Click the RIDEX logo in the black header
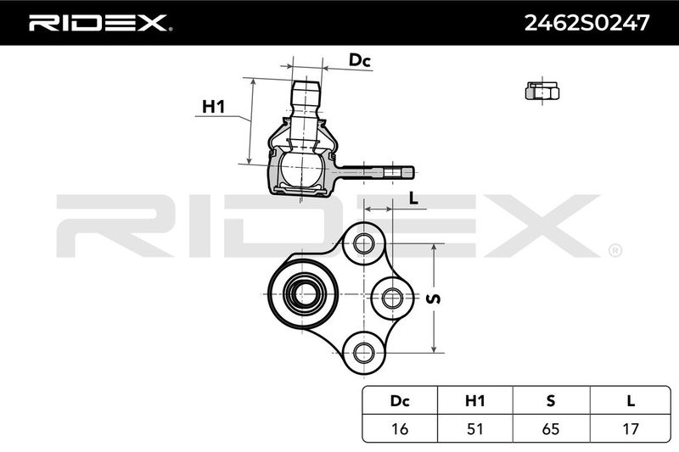pos(100,23)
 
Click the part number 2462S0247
pos(586,23)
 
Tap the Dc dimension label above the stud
pos(360,60)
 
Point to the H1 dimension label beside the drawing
pos(214,106)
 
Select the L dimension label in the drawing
pos(413,198)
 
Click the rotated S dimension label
pos(434,299)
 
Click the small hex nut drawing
pos(542,92)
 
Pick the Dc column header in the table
pos(400,401)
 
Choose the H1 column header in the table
pos(475,401)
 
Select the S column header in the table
pos(551,401)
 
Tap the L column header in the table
pos(631,401)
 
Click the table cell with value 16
pos(400,428)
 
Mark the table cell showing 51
pos(475,428)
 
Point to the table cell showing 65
pos(551,428)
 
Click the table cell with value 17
pos(631,428)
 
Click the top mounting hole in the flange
pos(364,243)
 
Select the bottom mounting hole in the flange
pos(364,353)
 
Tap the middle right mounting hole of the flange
pos(392,298)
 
